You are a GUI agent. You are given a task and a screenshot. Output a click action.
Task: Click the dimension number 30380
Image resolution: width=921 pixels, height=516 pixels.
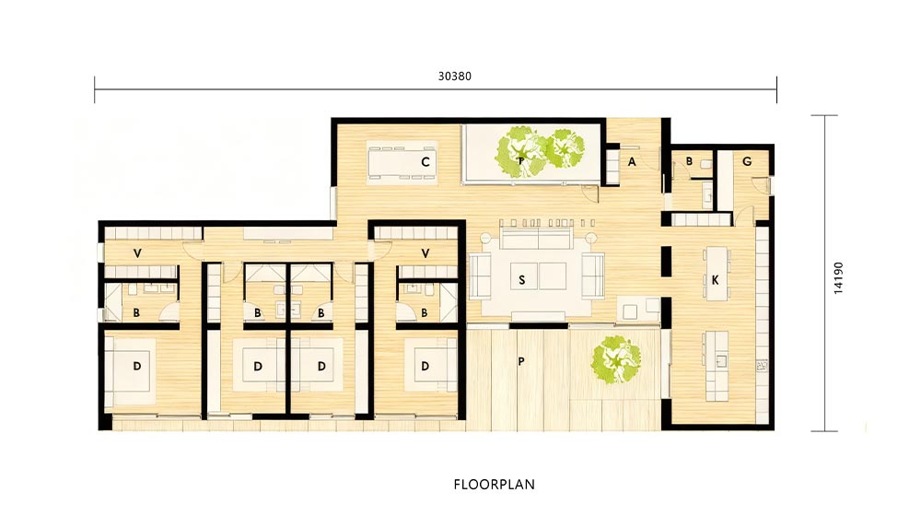(455, 76)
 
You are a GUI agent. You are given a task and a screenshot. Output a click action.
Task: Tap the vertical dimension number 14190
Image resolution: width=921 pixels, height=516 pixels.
(838, 277)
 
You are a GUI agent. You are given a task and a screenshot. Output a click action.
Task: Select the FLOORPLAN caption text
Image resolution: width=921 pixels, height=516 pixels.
(494, 485)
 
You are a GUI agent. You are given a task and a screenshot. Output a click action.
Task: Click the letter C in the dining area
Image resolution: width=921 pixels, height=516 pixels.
(426, 161)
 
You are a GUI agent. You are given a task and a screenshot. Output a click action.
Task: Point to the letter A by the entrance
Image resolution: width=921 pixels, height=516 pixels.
(632, 161)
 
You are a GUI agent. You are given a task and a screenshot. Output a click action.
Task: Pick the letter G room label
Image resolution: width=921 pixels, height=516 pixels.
(747, 161)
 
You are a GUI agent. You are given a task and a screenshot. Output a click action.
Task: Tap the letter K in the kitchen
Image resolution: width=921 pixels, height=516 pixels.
(715, 280)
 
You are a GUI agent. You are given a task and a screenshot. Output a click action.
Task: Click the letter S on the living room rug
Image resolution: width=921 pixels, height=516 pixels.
(521, 280)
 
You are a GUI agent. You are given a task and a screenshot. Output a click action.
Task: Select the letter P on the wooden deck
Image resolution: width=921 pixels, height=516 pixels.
(521, 361)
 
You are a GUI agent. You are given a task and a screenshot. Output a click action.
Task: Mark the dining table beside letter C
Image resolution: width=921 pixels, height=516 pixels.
(402, 162)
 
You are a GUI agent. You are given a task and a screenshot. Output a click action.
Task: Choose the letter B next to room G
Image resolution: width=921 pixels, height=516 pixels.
(689, 161)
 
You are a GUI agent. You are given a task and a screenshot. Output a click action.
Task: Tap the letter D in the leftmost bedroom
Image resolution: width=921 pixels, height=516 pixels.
(137, 366)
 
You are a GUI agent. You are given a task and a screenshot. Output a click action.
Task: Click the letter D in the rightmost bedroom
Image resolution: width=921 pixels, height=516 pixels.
(426, 366)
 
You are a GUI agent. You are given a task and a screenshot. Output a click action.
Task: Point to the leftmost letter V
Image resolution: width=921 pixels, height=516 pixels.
(137, 253)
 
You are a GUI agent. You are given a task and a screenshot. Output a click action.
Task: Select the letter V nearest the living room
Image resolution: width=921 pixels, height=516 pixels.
(426, 253)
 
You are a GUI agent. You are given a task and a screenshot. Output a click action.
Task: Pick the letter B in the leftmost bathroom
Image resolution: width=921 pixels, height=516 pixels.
(136, 313)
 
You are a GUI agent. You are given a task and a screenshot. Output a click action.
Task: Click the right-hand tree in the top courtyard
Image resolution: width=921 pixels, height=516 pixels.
(565, 148)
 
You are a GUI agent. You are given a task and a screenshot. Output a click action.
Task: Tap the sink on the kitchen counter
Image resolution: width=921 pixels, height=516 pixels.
(721, 360)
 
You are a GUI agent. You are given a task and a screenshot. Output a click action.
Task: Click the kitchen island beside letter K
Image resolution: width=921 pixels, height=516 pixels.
(716, 274)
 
